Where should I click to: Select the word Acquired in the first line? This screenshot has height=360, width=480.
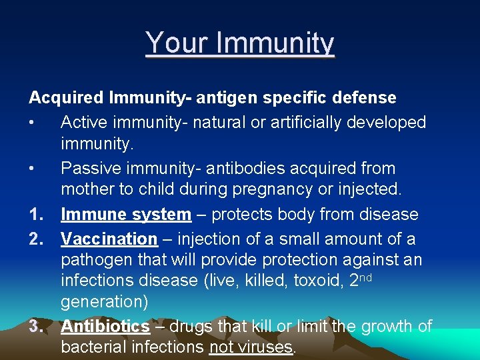coord(66,98)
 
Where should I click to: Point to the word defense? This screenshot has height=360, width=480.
coord(363,98)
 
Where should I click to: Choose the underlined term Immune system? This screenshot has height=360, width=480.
coord(126,215)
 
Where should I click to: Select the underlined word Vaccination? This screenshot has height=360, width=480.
coord(109,238)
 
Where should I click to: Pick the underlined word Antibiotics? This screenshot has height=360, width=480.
coord(105,326)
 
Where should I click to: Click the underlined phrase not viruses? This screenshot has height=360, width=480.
coord(251,347)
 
